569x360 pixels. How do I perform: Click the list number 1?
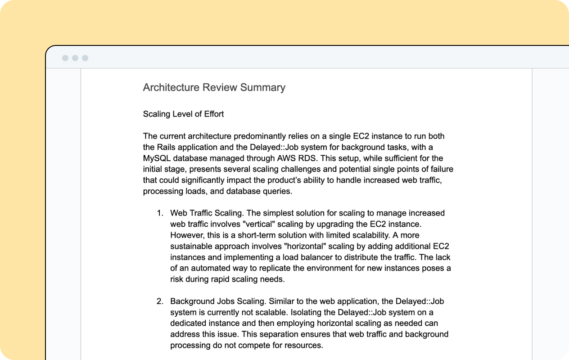coord(159,213)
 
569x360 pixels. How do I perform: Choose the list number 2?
coord(159,301)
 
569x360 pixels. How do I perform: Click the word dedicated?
coord(188,323)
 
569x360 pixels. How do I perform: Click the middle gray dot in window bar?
coord(75,58)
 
